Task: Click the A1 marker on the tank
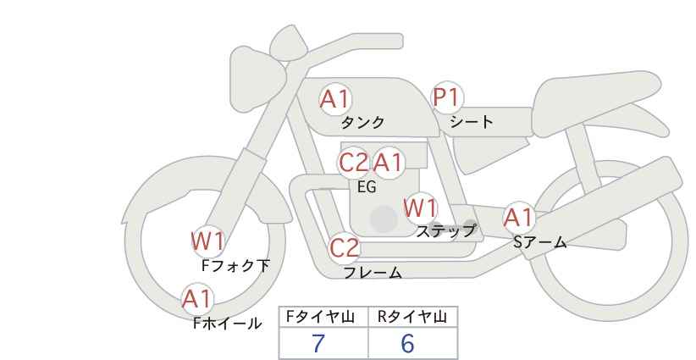coord(334,99)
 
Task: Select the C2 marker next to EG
coord(354,162)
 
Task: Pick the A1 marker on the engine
coord(389,162)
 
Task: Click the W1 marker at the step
coord(420,208)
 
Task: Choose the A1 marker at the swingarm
coord(519,218)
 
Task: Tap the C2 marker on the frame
coord(345,248)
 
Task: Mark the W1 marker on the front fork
coord(207,241)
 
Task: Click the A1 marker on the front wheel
coord(197,298)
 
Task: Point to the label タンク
coord(363,122)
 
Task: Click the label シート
coord(472,121)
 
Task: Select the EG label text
coord(367,187)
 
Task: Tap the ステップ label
coord(446,230)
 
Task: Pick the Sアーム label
coord(539,242)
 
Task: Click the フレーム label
coord(373,273)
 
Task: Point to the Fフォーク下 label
coord(235,265)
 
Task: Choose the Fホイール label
coord(227,323)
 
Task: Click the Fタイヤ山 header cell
coord(323,317)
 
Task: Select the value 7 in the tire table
coord(318,344)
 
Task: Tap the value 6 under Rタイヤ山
coord(407,344)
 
